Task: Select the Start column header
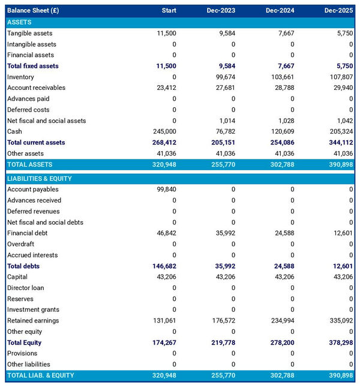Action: [x=169, y=11]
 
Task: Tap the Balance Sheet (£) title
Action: [x=34, y=11]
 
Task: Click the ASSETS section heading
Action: [x=19, y=22]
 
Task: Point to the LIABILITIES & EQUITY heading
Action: [x=39, y=179]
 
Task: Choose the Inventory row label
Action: [x=20, y=77]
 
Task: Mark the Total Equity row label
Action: [x=25, y=343]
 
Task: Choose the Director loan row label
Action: [x=25, y=288]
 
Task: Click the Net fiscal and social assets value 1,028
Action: [x=285, y=120]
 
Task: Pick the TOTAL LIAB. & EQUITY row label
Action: [x=41, y=375]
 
